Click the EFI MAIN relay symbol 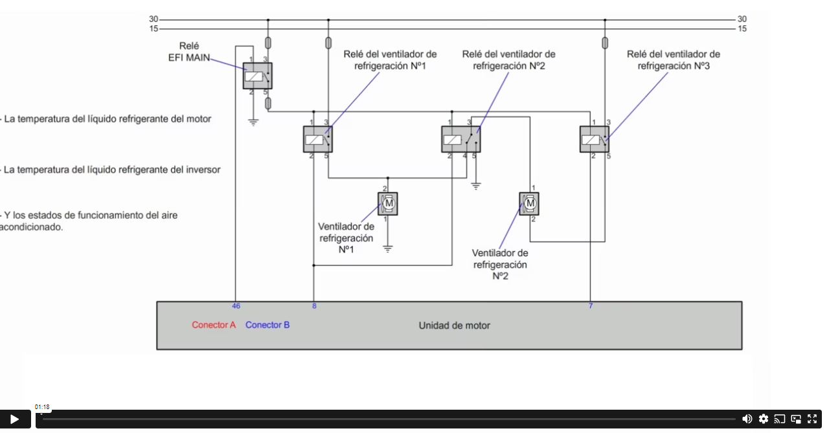tap(257, 76)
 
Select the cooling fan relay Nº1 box tap(317, 139)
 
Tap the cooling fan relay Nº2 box tap(460, 139)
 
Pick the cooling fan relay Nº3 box tap(594, 139)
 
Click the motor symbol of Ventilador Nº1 tap(388, 204)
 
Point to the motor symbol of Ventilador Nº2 tap(529, 204)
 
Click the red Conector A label tap(214, 325)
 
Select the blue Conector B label tap(267, 325)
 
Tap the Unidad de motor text tap(454, 326)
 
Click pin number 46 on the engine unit tap(236, 305)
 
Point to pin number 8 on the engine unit tap(314, 305)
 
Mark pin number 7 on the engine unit tap(590, 305)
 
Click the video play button tap(14, 419)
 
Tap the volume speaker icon tap(747, 419)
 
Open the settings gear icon tap(764, 419)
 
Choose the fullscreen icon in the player tap(812, 419)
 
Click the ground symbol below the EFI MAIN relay tap(253, 121)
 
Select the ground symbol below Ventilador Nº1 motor tap(388, 248)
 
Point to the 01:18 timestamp tap(42, 407)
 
